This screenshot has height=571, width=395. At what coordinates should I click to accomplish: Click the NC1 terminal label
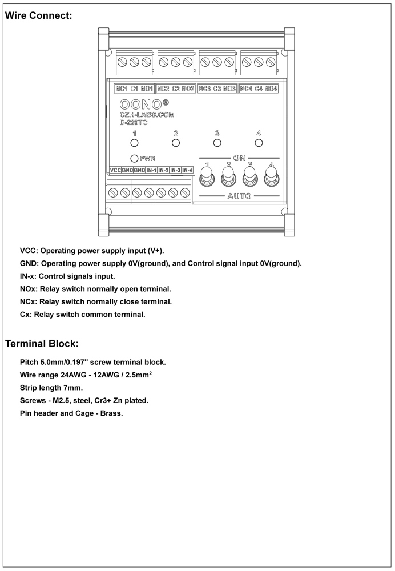point(122,89)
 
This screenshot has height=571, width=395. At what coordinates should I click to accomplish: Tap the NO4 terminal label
point(271,89)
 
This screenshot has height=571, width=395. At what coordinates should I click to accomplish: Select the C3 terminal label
point(217,89)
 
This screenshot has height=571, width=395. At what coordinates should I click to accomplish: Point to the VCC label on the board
point(114,170)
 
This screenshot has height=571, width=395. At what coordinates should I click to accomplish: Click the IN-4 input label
point(188,170)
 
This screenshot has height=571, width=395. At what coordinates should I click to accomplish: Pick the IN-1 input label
point(151,170)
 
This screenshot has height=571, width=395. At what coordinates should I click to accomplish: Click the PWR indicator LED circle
point(135,158)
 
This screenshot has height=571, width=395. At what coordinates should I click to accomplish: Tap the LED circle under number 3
point(217,143)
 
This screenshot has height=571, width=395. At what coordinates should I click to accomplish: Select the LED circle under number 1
point(135,143)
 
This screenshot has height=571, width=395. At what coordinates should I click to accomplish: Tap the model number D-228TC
point(134,122)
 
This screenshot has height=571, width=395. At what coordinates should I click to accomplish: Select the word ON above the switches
point(239,156)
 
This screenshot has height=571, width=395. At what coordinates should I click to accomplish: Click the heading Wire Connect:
point(38,16)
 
